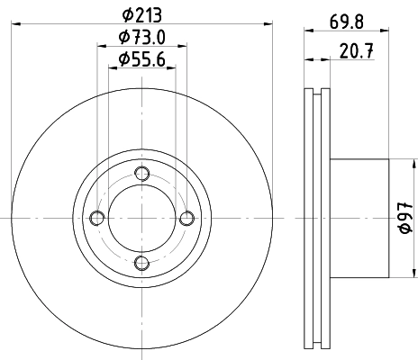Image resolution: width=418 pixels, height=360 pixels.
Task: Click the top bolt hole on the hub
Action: point(141,174)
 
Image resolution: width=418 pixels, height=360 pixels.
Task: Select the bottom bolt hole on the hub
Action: point(141,262)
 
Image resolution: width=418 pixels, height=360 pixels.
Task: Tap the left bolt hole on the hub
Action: point(96,218)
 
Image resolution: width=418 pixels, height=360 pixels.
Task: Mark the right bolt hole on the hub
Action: point(185,218)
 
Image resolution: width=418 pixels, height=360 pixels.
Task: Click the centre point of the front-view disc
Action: point(141,218)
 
